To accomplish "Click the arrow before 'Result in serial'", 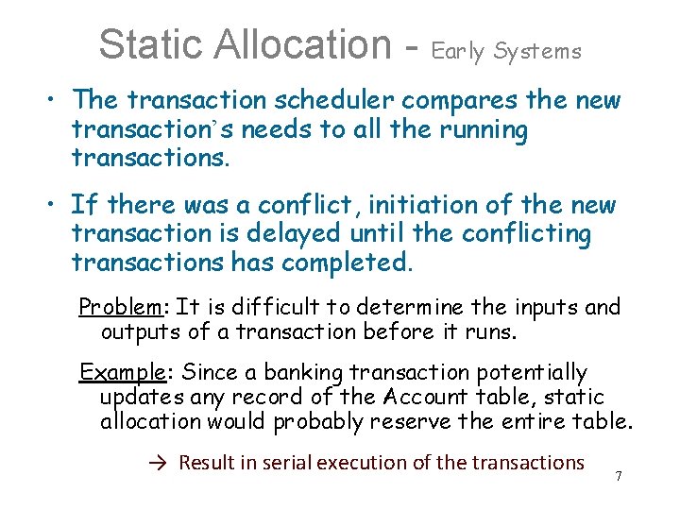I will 158,463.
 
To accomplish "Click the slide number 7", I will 619,476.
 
